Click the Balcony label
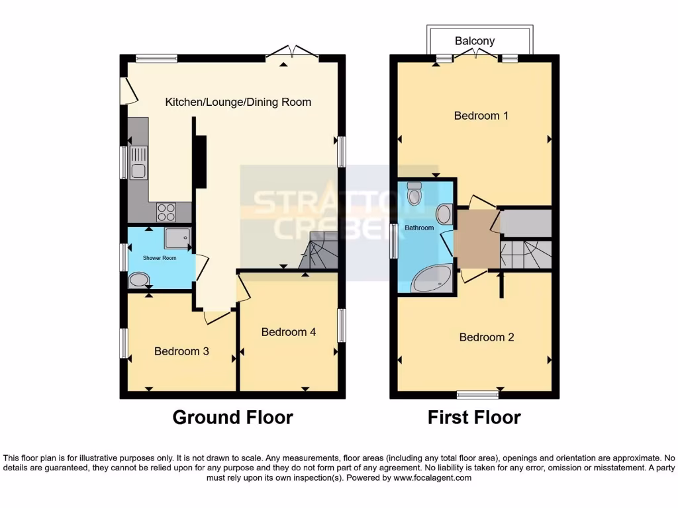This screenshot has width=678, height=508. pyautogui.click(x=475, y=41)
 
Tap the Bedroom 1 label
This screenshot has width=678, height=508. pyautogui.click(x=481, y=116)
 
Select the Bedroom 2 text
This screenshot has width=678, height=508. pyautogui.click(x=487, y=337)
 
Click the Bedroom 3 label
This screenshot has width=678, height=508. pyautogui.click(x=181, y=351)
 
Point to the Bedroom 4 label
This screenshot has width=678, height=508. pyautogui.click(x=288, y=332)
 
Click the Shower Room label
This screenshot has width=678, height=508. pyautogui.click(x=160, y=258)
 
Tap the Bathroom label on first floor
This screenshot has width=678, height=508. pyautogui.click(x=419, y=228)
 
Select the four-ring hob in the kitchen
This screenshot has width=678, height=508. pyautogui.click(x=166, y=212)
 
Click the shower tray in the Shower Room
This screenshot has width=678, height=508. pyautogui.click(x=177, y=239)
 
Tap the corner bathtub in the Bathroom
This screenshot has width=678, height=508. pyautogui.click(x=431, y=280)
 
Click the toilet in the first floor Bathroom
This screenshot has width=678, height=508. pyautogui.click(x=415, y=194)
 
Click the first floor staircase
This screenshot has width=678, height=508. pyautogui.click(x=526, y=254)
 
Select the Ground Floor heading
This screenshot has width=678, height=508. pyautogui.click(x=232, y=417)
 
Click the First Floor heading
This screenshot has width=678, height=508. pyautogui.click(x=474, y=417)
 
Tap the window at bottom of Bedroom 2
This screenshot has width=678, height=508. pyautogui.click(x=477, y=395)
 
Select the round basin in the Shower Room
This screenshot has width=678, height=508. pyautogui.click(x=139, y=280)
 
